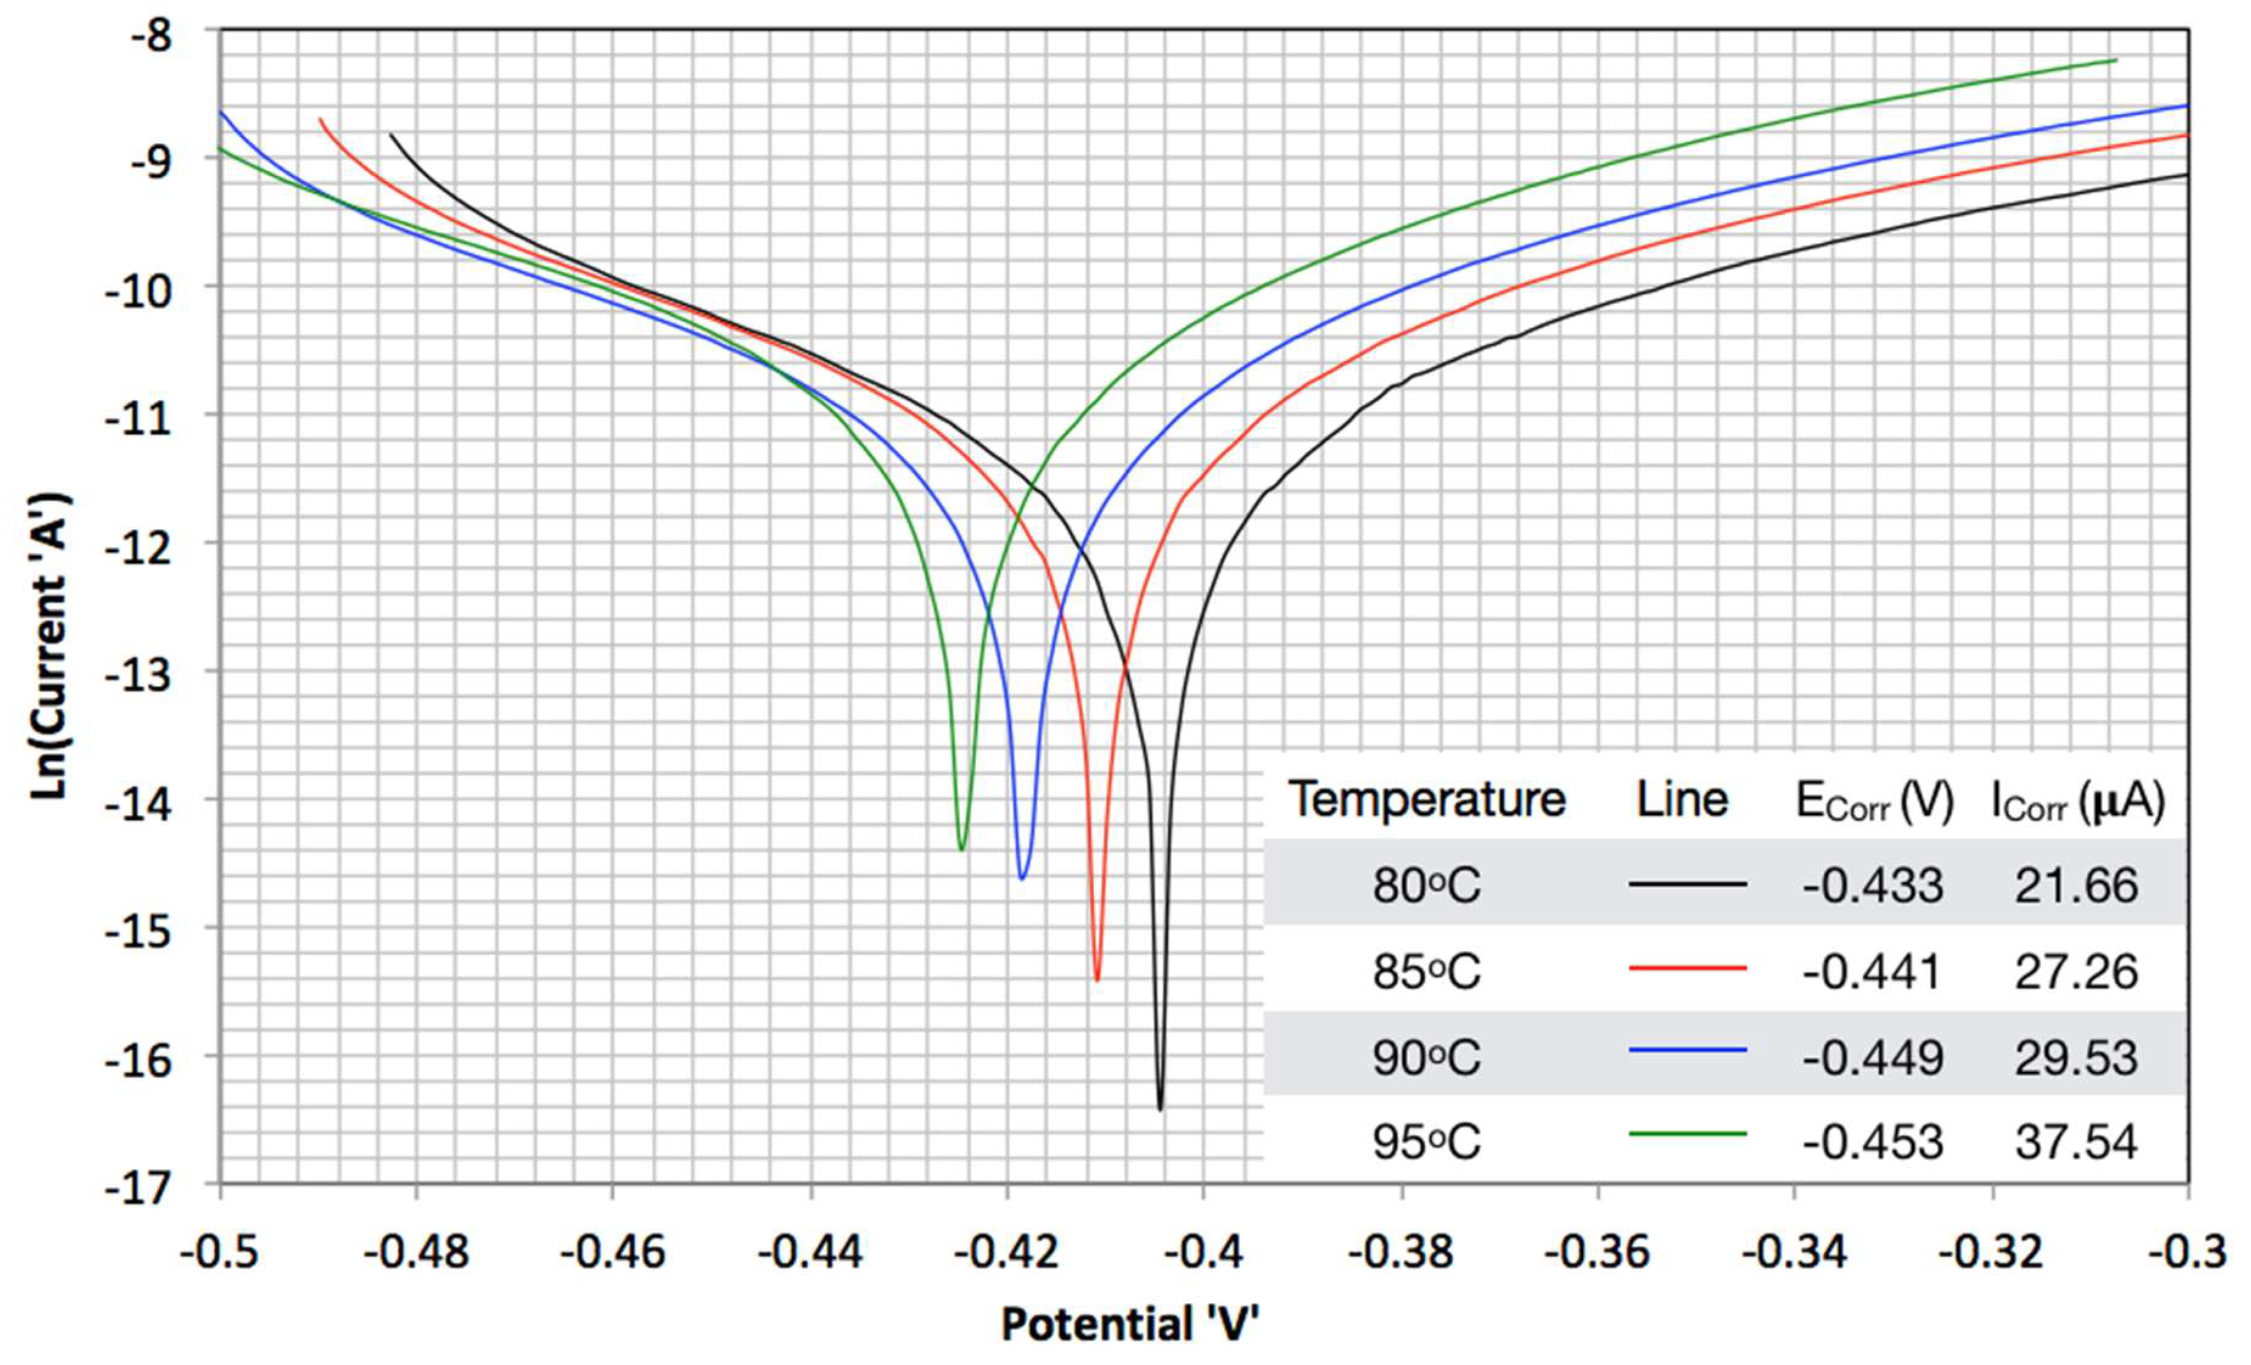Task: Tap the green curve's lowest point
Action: tap(961, 849)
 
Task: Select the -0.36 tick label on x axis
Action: tap(1598, 1252)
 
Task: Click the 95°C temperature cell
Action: tap(1426, 1142)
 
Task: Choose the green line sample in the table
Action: tap(1687, 1134)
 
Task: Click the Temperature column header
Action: tap(1427, 800)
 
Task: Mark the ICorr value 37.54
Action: tap(2076, 1142)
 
